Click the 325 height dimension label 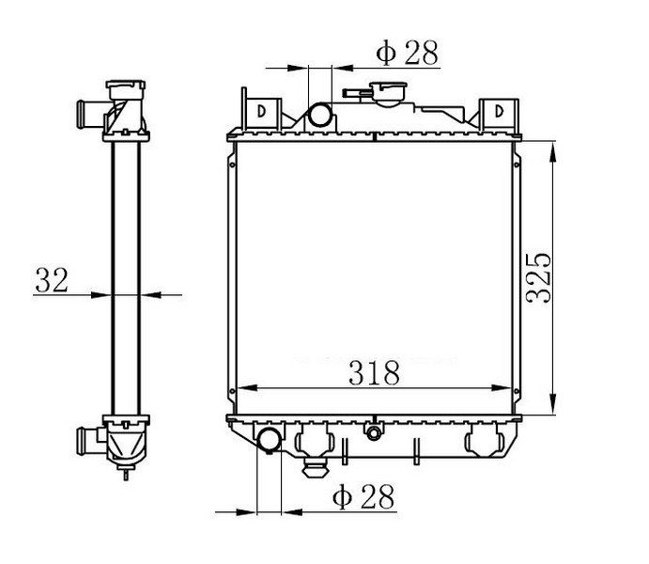pos(538,277)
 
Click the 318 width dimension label pos(375,373)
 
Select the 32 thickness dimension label pos(52,280)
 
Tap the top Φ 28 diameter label pos(407,53)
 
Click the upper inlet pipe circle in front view pos(320,115)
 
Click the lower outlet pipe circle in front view pos(270,440)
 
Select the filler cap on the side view pos(126,90)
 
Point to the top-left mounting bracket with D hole pos(262,112)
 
